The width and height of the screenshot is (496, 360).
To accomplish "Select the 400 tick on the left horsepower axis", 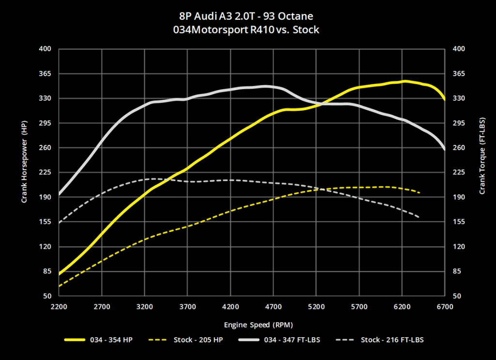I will coord(45,49).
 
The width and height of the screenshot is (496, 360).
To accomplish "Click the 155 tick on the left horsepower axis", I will coord(45,222).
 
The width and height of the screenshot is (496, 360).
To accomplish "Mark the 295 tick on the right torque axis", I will coord(458,123).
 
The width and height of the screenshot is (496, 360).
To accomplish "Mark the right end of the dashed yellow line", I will coord(419,193).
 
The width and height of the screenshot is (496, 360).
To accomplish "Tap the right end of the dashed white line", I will coord(418,217).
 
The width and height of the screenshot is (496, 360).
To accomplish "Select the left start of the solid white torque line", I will coord(59,194).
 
